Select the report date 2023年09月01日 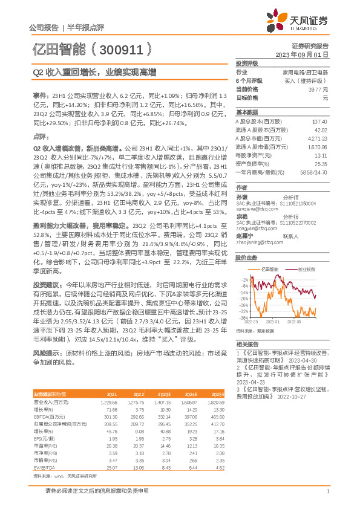(x=306, y=54)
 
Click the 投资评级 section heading (x=247, y=63)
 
